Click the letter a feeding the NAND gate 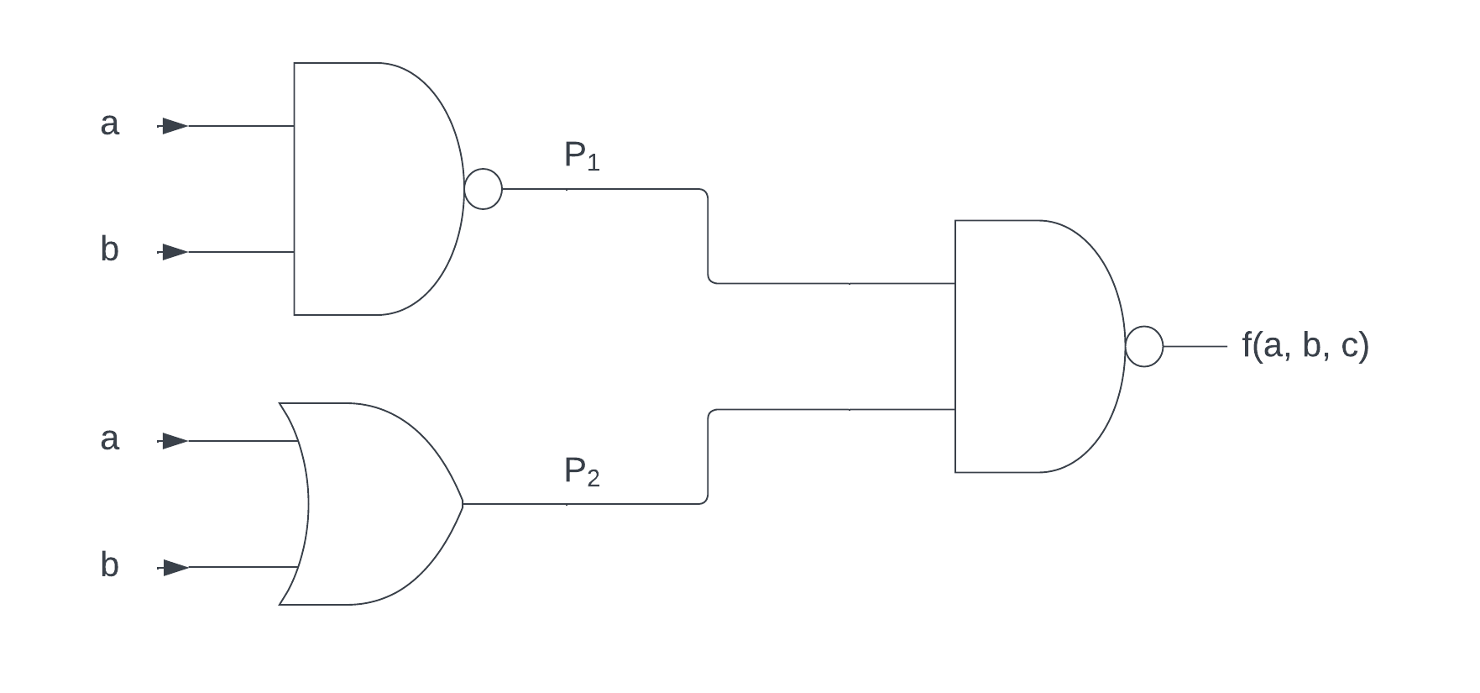point(110,125)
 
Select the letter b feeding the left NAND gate point(110,249)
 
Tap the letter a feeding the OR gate point(110,439)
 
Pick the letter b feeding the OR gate point(110,565)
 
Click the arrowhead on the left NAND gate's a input point(175,126)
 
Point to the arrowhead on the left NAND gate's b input point(175,252)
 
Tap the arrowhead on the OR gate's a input point(175,441)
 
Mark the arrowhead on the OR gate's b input point(175,569)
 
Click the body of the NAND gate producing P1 point(369,189)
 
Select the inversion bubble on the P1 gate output point(484,189)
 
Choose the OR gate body point(369,504)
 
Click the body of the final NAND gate point(1033,346)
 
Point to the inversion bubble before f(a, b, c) point(1143,346)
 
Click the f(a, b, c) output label point(1305,346)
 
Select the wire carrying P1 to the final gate point(831,284)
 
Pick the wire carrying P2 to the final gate point(831,410)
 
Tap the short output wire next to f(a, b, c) point(1195,346)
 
